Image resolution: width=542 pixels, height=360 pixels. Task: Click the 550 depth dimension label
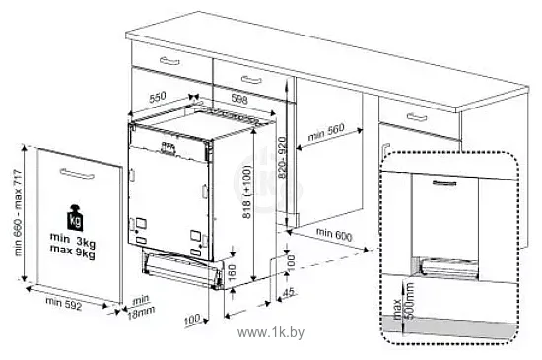tap(158, 98)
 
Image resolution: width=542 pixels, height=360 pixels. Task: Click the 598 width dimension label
tap(239, 100)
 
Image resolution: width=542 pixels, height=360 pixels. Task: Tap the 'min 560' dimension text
tap(326, 132)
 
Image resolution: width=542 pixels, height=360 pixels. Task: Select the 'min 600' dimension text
tap(334, 234)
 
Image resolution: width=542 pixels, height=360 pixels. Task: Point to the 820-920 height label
tap(283, 158)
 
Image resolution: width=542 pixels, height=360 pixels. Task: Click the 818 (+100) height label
tap(246, 191)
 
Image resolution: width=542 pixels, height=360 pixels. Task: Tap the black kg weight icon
tap(75, 218)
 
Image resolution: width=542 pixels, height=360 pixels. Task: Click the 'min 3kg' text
tap(73, 240)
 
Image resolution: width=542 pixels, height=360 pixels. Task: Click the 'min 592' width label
tap(64, 303)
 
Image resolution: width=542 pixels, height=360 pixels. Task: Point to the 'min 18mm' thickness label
tap(141, 307)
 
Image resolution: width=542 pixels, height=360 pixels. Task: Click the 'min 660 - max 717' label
tap(19, 213)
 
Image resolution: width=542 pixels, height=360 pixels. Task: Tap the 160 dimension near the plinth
tap(232, 272)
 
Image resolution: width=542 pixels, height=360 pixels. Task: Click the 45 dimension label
tap(289, 292)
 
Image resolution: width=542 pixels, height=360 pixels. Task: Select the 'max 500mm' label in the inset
tap(403, 301)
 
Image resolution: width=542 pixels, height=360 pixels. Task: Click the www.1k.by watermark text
tap(271, 332)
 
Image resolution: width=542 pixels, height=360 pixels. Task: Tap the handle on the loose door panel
tap(77, 174)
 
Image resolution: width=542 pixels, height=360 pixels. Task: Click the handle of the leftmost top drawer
tap(169, 61)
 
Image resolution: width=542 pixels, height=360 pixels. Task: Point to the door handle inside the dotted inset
tap(444, 183)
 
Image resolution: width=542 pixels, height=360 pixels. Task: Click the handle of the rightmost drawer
tap(417, 117)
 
